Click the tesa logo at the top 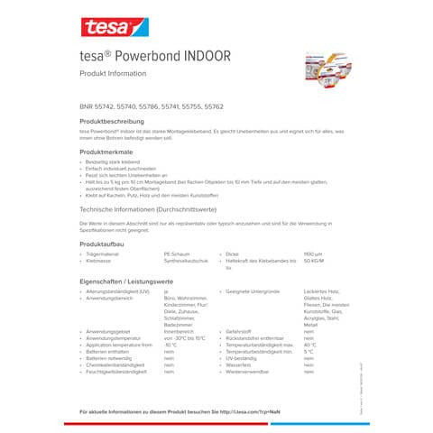(106, 27)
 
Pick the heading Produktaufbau (100, 244)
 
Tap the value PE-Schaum (176, 255)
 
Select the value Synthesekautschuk (182, 262)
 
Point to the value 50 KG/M (313, 262)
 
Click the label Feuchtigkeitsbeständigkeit (116, 371)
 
